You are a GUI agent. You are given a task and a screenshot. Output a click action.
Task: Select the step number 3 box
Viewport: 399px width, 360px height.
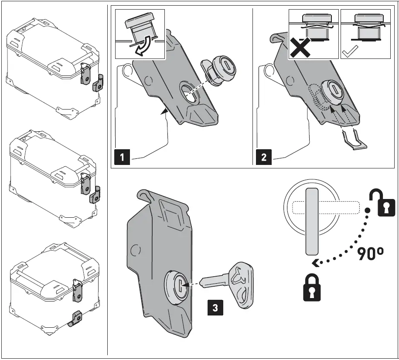click(216, 307)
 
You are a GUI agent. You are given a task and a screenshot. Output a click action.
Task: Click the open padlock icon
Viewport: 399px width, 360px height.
click(379, 203)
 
